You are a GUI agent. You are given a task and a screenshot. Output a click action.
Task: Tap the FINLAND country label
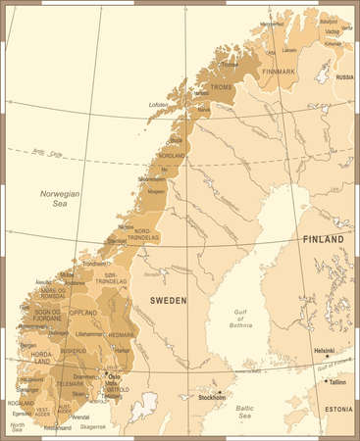323,239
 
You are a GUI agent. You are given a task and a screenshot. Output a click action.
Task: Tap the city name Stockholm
212,399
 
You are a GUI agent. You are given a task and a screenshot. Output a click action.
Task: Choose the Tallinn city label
337,383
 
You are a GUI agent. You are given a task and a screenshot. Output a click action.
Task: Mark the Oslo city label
113,375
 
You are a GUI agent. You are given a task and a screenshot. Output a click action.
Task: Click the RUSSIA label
344,76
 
